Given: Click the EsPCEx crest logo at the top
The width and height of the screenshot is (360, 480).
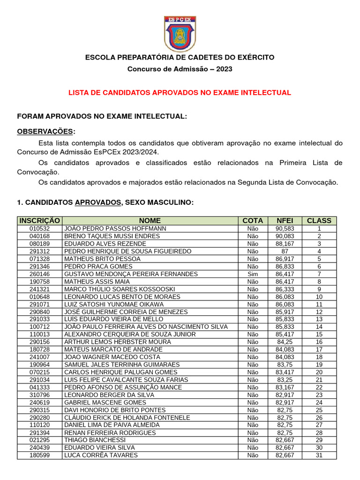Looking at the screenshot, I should pos(180,33).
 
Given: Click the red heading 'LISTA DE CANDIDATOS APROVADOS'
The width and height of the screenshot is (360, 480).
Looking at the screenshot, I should pos(180,93).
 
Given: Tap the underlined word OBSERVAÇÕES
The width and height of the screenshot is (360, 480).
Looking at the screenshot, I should pos(45,131).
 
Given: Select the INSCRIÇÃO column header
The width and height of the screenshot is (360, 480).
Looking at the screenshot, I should pos(39,220).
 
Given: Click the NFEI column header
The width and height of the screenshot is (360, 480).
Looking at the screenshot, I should pos(285,220).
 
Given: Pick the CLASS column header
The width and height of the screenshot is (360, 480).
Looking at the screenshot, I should pos(319,220).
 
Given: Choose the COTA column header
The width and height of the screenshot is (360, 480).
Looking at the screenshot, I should pos(253,220).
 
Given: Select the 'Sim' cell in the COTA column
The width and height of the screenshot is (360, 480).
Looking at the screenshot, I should pos(253,274).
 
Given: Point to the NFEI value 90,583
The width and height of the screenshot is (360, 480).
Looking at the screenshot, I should pos(285,229).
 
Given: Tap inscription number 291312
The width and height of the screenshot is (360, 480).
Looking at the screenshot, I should pos(39,251).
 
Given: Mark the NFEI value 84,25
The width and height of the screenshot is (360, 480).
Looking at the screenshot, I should pos(285,342).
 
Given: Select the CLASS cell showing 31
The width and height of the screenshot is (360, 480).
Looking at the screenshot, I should pos(319,455).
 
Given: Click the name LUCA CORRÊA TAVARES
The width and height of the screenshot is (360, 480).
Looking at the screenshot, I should pos(101,455).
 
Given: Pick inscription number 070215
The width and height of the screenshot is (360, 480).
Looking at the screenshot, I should pos(39,372).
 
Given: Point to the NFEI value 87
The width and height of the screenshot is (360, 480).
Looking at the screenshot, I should pos(285,251).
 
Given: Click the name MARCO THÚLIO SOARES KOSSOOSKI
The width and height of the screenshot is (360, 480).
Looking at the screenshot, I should pos(120,289).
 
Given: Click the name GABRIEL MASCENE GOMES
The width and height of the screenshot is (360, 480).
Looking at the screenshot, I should pos(105,402).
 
